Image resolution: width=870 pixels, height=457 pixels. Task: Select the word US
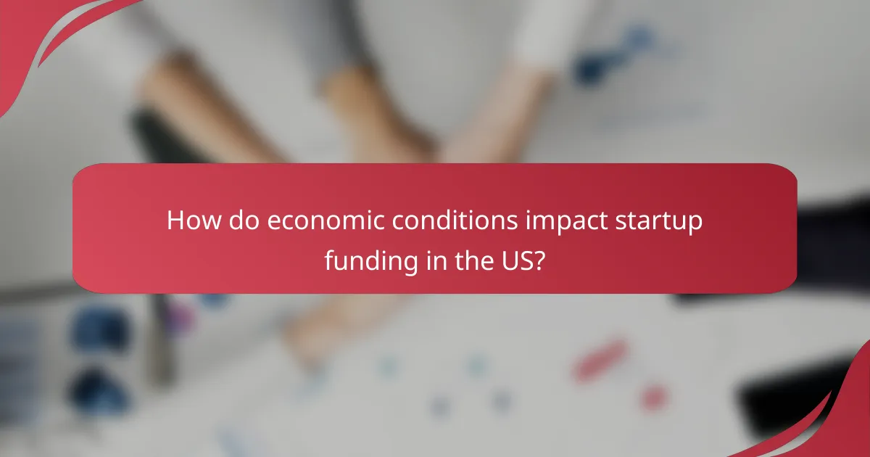pos(515,260)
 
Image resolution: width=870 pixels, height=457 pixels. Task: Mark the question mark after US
pos(539,260)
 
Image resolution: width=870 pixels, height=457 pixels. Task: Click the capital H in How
pos(175,221)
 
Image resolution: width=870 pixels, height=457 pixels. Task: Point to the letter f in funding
pos(329,260)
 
